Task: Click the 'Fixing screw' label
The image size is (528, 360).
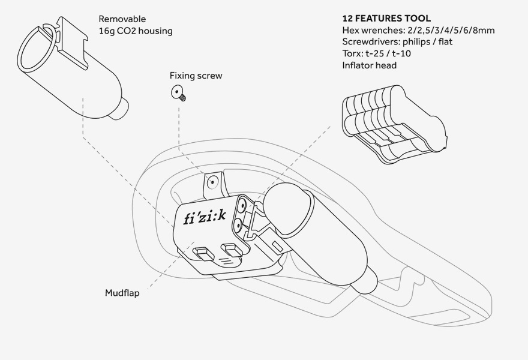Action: point(196,76)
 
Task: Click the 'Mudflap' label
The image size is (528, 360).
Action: point(122,293)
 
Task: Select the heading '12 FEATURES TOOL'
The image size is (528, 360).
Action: point(386,19)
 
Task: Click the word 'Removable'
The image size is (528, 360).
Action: point(122,19)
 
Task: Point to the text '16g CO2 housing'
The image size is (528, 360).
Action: point(135,31)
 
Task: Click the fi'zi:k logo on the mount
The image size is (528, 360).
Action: point(205,217)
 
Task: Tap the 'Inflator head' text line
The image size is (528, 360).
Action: point(369,65)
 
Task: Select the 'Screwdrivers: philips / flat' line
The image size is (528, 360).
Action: point(397,42)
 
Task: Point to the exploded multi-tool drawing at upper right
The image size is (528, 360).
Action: point(394,124)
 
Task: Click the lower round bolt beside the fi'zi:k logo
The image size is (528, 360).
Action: point(238,226)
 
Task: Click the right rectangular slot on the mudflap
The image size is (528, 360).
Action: point(230,247)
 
